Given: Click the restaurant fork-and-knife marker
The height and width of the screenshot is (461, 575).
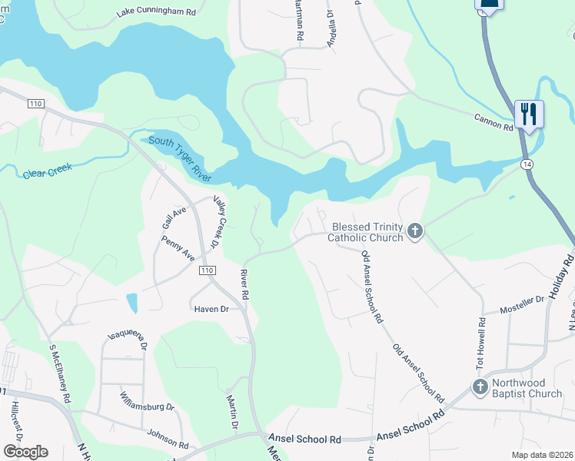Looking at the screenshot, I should point(529,114).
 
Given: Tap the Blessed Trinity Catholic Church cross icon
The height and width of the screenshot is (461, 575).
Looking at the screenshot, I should point(415,231).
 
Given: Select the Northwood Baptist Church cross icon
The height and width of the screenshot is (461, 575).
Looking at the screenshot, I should point(480,387).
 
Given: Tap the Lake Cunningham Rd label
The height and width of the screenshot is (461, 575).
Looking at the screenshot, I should point(157,12).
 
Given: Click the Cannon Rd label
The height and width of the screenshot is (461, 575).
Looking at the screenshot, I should point(494,121).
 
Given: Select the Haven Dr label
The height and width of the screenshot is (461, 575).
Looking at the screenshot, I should point(211,308).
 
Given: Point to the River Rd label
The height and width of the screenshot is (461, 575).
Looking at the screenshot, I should point(244,284).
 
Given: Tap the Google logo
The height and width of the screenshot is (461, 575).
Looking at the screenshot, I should point(25,452).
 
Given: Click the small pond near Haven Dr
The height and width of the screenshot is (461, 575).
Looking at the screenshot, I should point(132,303).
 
